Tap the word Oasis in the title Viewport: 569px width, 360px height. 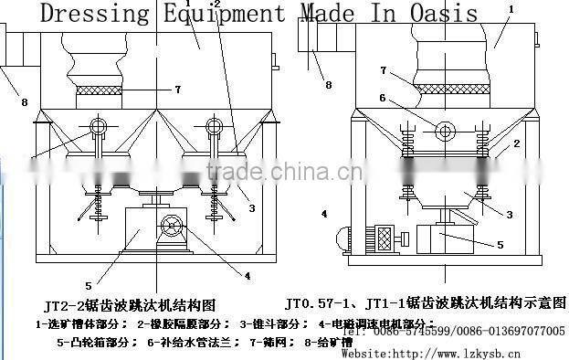[x=445, y=13]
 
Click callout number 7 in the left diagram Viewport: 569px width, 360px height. [x=178, y=89]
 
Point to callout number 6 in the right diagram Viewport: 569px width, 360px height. [x=385, y=98]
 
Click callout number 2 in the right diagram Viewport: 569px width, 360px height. [x=516, y=143]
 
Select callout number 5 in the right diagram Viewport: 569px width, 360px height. [x=499, y=244]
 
